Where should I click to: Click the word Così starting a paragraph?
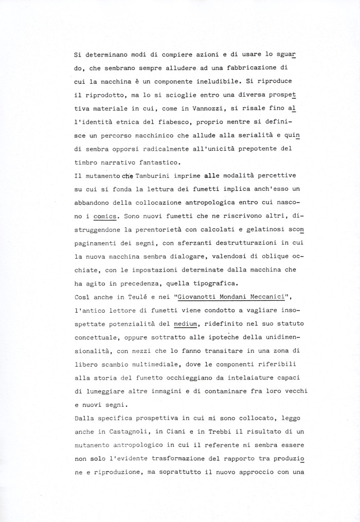pos(83,297)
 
